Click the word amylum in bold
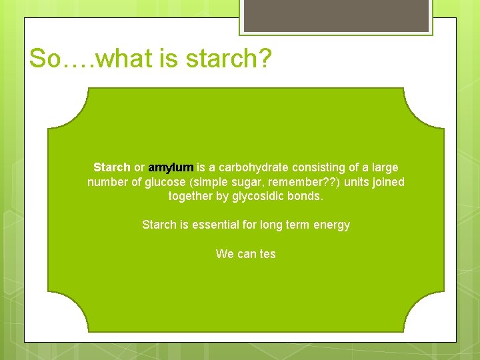[x=171, y=167]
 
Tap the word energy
[x=331, y=225]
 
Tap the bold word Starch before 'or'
[x=112, y=167]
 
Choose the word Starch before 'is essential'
[x=159, y=225]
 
